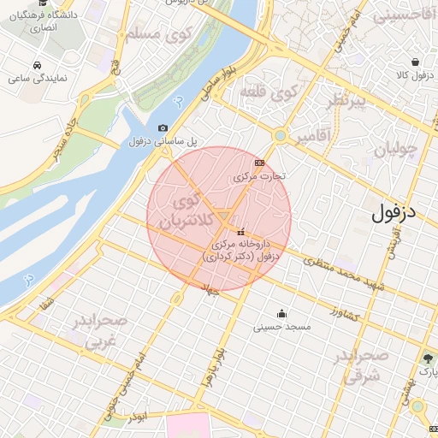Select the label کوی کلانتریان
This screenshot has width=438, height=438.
(x=183, y=212)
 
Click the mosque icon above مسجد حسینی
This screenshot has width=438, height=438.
(x=281, y=313)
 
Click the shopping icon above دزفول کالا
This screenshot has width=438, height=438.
(x=415, y=62)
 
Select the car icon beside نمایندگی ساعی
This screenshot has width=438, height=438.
(x=37, y=65)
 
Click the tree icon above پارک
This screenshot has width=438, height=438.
(x=427, y=358)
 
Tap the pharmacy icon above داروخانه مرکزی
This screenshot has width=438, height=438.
(x=240, y=232)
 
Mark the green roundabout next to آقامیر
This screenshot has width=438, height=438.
(x=280, y=135)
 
